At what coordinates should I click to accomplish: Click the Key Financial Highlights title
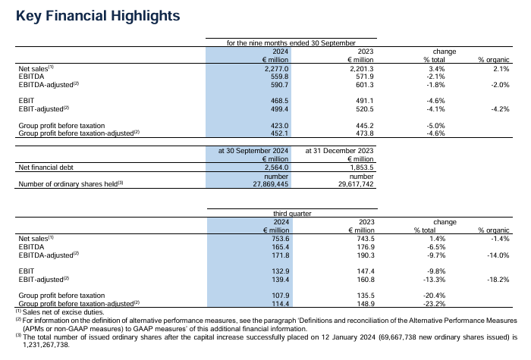click(x=98, y=16)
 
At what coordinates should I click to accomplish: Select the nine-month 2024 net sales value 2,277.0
click(x=277, y=69)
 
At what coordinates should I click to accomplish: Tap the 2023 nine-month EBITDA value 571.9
click(x=365, y=77)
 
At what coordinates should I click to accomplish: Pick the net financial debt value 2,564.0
click(x=277, y=167)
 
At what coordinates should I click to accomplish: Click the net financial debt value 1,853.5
click(x=362, y=167)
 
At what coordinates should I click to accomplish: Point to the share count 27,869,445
click(x=271, y=184)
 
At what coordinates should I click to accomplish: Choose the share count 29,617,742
click(x=356, y=184)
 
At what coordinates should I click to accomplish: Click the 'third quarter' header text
click(x=292, y=214)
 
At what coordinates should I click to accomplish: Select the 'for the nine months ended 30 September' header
click(x=291, y=43)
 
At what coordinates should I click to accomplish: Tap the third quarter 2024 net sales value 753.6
click(x=281, y=239)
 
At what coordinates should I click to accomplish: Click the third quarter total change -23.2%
click(x=435, y=304)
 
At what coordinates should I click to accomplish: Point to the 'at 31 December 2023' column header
click(x=339, y=151)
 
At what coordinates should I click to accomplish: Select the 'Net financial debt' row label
click(x=46, y=167)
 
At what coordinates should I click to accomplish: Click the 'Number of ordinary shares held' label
click(x=68, y=184)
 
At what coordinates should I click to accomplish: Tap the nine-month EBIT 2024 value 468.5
click(x=279, y=101)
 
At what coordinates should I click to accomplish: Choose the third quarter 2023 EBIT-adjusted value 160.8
click(x=366, y=280)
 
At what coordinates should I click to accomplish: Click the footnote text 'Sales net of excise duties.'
click(x=63, y=312)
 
